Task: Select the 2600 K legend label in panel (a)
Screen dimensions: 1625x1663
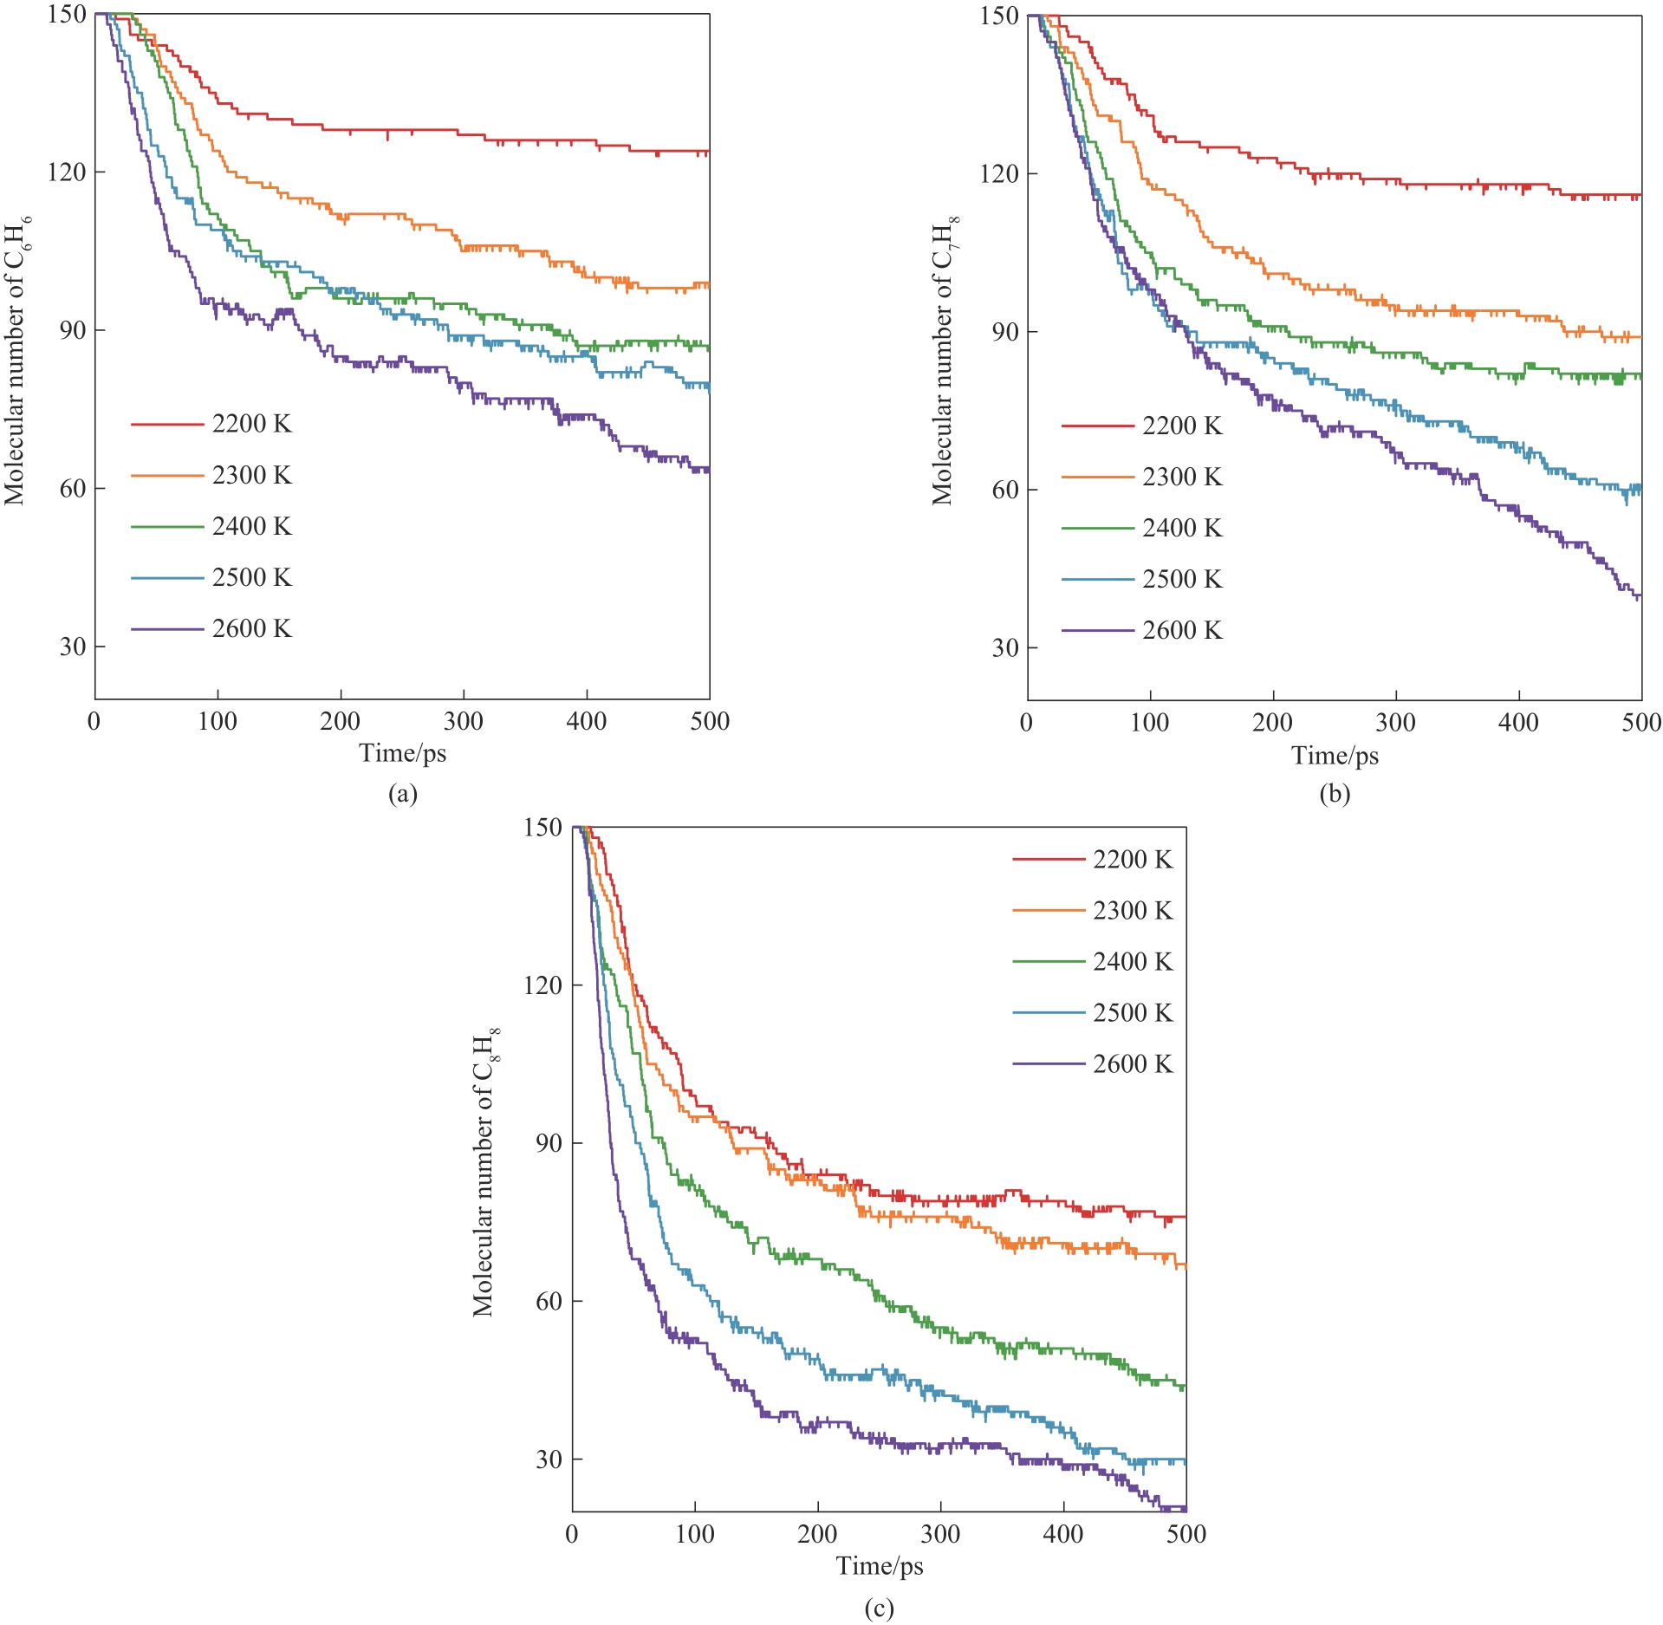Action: [251, 628]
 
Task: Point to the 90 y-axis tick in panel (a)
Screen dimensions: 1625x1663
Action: [73, 330]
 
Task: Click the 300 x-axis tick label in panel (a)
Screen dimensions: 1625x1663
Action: [463, 721]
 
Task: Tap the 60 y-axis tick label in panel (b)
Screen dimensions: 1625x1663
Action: [1005, 490]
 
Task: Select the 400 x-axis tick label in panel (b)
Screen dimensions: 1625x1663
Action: [1518, 723]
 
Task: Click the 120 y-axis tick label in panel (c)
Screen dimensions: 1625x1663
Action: [542, 985]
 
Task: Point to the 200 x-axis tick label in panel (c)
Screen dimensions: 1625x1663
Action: [817, 1534]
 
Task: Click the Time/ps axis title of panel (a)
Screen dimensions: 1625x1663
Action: [403, 753]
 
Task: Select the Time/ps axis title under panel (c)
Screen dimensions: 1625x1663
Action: [880, 1565]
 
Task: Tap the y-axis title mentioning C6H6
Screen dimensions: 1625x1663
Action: [18, 361]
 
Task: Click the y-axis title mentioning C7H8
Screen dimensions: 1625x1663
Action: [945, 361]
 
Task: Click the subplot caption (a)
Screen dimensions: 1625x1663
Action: [403, 794]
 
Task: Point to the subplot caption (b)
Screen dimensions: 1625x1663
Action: [1335, 794]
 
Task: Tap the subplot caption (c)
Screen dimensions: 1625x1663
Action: [879, 1609]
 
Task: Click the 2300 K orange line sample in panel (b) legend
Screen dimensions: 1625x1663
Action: [1097, 478]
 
